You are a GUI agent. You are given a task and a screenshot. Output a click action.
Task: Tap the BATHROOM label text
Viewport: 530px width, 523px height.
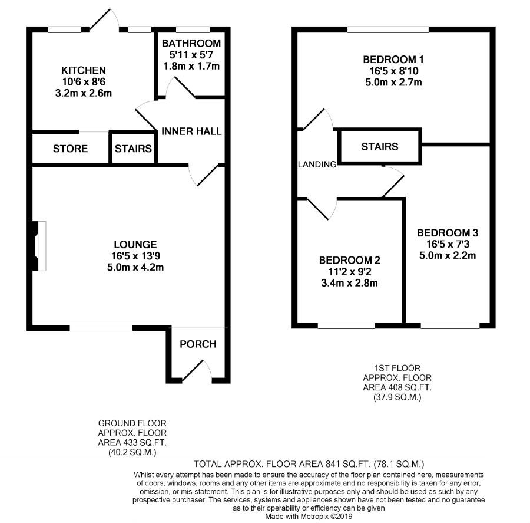tap(191, 43)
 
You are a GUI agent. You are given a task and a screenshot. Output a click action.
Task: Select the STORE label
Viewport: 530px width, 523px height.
tap(70, 149)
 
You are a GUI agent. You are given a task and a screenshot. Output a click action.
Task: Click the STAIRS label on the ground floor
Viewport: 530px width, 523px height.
tap(133, 149)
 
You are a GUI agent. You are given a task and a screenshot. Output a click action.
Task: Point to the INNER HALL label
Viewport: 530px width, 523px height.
tap(192, 131)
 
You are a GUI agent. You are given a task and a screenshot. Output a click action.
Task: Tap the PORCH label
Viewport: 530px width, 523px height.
tap(197, 344)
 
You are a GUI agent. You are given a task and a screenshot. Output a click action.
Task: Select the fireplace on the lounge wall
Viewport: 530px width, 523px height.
tap(39, 246)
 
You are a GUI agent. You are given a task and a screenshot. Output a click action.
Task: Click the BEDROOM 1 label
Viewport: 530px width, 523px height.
tap(392, 60)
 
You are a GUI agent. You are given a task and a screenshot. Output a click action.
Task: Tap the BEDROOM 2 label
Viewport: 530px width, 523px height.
tap(349, 260)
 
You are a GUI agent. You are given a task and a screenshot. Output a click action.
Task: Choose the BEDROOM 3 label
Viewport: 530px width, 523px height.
tap(448, 232)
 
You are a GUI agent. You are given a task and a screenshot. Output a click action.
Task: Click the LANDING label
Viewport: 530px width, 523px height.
tap(317, 165)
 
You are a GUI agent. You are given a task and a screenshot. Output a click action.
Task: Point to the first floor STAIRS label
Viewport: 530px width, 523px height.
tap(379, 146)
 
